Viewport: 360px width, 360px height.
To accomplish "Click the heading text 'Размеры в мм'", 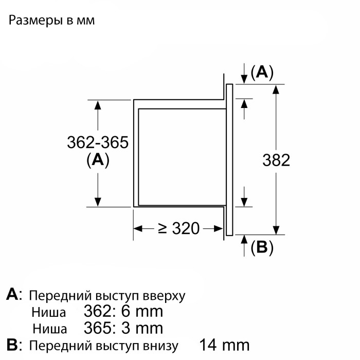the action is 51,21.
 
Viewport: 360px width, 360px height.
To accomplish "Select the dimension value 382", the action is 276,160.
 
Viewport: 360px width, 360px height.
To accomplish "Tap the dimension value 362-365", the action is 98,142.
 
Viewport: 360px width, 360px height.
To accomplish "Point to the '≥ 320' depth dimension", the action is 179,228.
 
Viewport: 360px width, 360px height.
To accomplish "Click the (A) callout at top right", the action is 262,73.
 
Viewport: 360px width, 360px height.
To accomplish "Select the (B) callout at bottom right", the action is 262,247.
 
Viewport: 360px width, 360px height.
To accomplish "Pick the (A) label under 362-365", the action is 98,160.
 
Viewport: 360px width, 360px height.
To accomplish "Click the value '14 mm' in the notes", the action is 224,345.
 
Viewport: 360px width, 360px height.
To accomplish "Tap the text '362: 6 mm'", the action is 123,312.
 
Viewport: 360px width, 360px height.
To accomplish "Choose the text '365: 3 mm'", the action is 123,328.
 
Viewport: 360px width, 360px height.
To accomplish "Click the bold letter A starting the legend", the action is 12,294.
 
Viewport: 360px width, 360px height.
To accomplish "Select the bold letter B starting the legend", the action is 12,345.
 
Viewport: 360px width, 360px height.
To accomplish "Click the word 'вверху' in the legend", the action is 164,296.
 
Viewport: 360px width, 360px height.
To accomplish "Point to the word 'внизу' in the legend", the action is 159,346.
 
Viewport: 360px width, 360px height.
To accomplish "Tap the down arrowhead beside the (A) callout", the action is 244,79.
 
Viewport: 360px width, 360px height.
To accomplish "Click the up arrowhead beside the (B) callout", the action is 244,240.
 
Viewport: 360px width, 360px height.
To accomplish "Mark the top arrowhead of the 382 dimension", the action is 276,89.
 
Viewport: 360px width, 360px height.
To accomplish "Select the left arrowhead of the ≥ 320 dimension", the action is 138,229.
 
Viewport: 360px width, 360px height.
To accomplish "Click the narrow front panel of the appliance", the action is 229,160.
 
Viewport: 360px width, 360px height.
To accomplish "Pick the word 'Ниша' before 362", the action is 49,313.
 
